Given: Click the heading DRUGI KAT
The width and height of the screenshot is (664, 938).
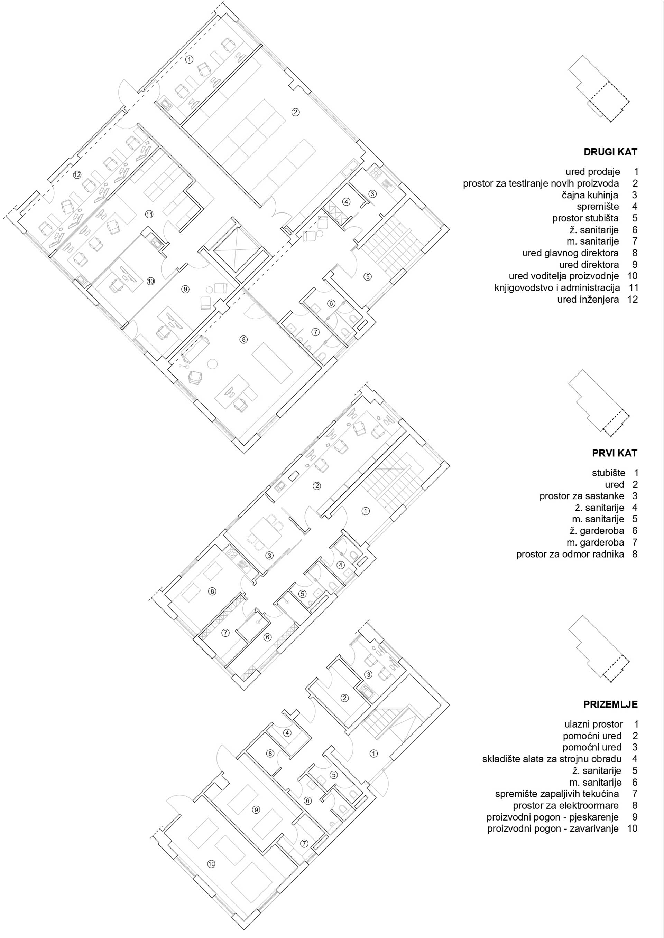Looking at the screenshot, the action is [x=610, y=152].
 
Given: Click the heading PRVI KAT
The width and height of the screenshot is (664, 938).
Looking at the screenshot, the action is [x=614, y=453].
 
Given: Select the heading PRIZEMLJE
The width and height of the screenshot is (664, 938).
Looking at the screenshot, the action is [x=610, y=705].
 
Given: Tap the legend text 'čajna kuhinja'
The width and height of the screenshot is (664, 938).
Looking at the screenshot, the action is [x=590, y=195].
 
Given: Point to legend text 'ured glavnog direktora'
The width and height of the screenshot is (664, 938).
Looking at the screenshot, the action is [x=570, y=253].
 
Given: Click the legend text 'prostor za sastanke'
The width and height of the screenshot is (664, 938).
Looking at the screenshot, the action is [x=581, y=496].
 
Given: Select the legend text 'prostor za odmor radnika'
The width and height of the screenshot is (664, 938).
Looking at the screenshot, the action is [x=570, y=555].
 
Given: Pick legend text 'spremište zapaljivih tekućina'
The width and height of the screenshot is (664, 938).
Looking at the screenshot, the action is [x=556, y=794].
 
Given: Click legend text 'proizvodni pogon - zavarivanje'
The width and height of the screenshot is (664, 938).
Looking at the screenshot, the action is [x=553, y=829].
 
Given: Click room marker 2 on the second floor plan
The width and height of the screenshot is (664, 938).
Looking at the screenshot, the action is [x=296, y=112].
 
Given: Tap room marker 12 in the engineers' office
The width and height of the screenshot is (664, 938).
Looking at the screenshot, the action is [x=77, y=175].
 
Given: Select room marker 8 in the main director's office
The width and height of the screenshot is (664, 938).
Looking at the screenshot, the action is [x=243, y=339].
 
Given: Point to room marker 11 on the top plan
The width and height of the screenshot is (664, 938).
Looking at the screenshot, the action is [x=149, y=214].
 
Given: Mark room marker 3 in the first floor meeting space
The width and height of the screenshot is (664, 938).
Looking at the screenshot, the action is [x=269, y=556].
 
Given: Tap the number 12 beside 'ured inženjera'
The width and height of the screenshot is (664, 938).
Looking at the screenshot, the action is [x=632, y=300].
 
